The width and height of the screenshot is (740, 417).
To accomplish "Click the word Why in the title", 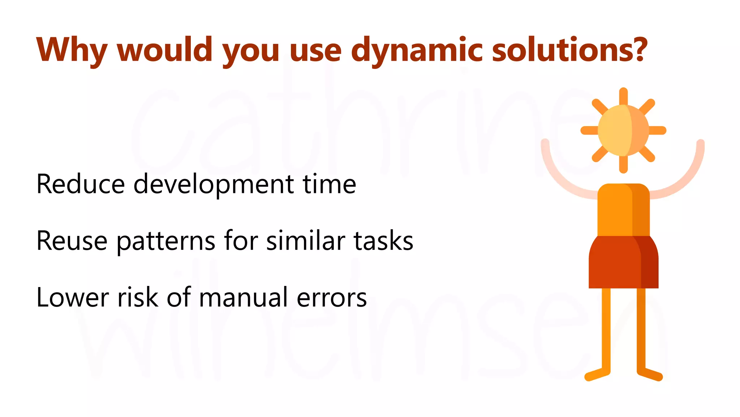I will (x=72, y=50).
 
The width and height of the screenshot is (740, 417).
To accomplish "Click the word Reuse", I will (x=72, y=241).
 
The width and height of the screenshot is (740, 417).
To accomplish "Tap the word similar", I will (x=306, y=241).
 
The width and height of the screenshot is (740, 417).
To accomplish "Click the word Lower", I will (x=72, y=298).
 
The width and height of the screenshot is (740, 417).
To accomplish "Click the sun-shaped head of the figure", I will (x=623, y=130).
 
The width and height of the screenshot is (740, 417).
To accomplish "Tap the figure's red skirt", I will (x=623, y=262).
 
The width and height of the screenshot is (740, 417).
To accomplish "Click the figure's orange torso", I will (x=623, y=210).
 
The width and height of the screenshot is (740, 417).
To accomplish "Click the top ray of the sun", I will (x=623, y=96).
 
